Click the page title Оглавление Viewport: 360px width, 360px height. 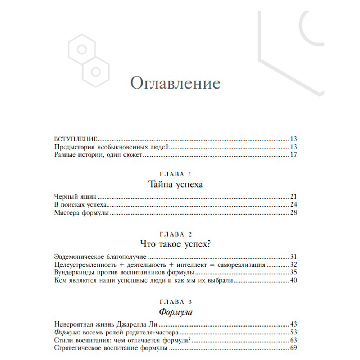click(175, 84)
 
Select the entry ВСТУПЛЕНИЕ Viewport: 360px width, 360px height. click(76, 139)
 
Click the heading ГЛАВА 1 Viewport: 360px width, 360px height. click(175, 174)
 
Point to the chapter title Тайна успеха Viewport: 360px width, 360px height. click(175, 185)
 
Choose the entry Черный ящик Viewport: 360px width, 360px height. click(76, 197)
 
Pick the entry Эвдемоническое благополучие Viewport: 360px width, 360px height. click(100, 257)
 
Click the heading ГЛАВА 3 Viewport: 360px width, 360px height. click(175, 301)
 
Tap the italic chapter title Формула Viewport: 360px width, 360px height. click(176, 312)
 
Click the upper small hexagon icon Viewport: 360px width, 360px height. click(82, 49)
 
